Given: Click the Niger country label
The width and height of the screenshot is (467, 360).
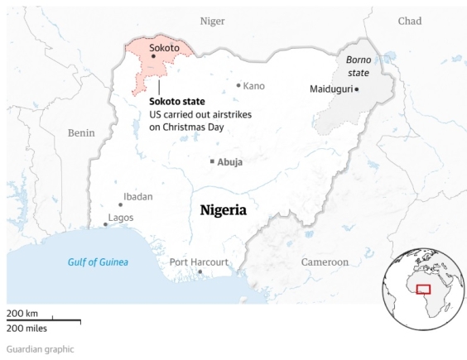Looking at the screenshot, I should (x=213, y=21).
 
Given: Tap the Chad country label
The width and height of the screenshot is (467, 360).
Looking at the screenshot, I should (x=409, y=21).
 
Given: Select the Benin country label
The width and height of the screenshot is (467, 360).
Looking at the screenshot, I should (x=81, y=132).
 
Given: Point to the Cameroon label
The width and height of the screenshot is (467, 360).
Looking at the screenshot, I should (x=325, y=262).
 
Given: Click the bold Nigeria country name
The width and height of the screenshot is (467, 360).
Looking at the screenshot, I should (x=224, y=210).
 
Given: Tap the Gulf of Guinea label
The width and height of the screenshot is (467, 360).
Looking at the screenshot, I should (x=98, y=262).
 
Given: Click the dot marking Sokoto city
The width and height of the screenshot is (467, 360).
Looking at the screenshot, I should (x=153, y=57).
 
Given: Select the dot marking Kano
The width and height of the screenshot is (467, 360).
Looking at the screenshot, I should (x=238, y=85).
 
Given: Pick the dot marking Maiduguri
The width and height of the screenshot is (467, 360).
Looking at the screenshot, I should (x=357, y=89).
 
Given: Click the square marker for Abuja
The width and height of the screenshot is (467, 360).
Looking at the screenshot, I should (x=212, y=161).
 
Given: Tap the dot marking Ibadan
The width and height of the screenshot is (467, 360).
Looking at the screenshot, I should (x=120, y=204).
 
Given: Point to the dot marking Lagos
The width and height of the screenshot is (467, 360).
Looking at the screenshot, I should (x=105, y=224).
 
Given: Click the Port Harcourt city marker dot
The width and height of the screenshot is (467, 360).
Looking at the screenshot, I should (x=199, y=271).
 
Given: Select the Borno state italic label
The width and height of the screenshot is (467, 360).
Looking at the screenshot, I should (x=358, y=66).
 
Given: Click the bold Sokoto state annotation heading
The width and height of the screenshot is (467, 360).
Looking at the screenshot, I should (x=176, y=101).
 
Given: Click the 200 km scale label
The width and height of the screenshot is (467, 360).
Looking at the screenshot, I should (x=22, y=314).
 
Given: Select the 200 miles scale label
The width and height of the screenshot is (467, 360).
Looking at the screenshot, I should (x=27, y=327).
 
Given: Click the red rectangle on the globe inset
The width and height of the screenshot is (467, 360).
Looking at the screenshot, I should (x=423, y=289).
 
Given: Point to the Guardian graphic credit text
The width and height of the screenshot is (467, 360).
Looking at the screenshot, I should (x=41, y=349).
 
